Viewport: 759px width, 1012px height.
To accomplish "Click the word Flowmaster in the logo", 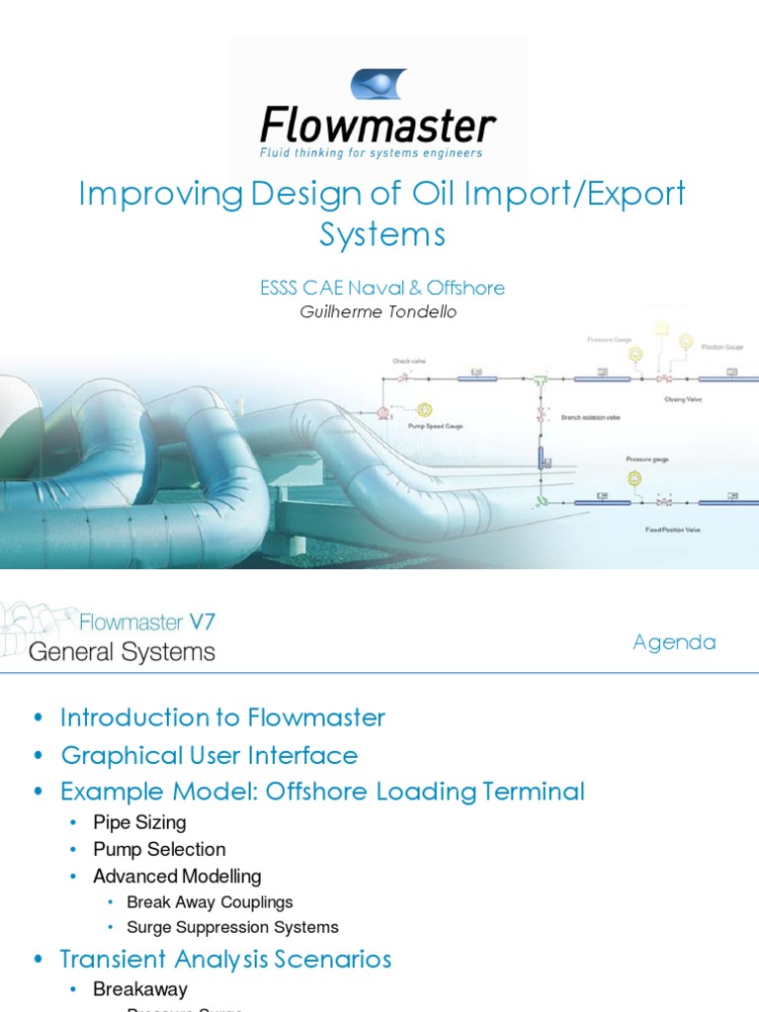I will pyautogui.click(x=378, y=126).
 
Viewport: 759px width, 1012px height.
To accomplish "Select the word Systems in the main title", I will pyautogui.click(x=381, y=235).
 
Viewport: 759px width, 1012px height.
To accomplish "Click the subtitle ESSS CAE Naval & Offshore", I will pyautogui.click(x=381, y=288).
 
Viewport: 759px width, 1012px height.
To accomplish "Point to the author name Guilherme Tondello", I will pyautogui.click(x=379, y=312).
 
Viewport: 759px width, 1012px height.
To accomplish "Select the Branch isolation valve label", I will pyautogui.click(x=590, y=417).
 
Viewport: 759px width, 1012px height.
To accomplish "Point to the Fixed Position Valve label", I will pyautogui.click(x=673, y=530).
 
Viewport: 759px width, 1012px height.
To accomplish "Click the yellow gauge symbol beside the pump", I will pyautogui.click(x=425, y=409).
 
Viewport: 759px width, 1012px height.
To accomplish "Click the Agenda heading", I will pyautogui.click(x=674, y=642).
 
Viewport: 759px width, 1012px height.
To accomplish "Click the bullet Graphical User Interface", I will pyautogui.click(x=209, y=755).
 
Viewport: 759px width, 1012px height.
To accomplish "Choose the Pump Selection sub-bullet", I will pyautogui.click(x=159, y=849).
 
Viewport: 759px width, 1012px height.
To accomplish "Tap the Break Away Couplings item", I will pyautogui.click(x=210, y=901).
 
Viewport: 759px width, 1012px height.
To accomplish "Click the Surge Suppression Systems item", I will pyautogui.click(x=232, y=927).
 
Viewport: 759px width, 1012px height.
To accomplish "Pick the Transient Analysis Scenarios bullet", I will pyautogui.click(x=225, y=959).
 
